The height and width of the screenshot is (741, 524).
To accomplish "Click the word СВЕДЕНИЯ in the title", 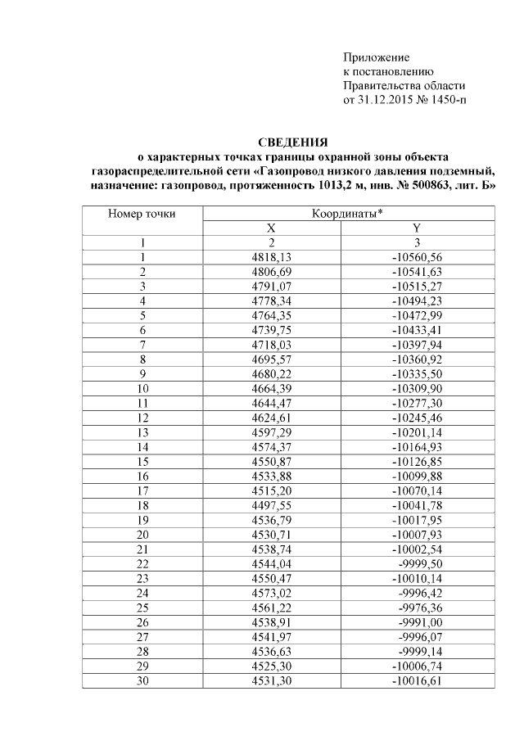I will point(293,142).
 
